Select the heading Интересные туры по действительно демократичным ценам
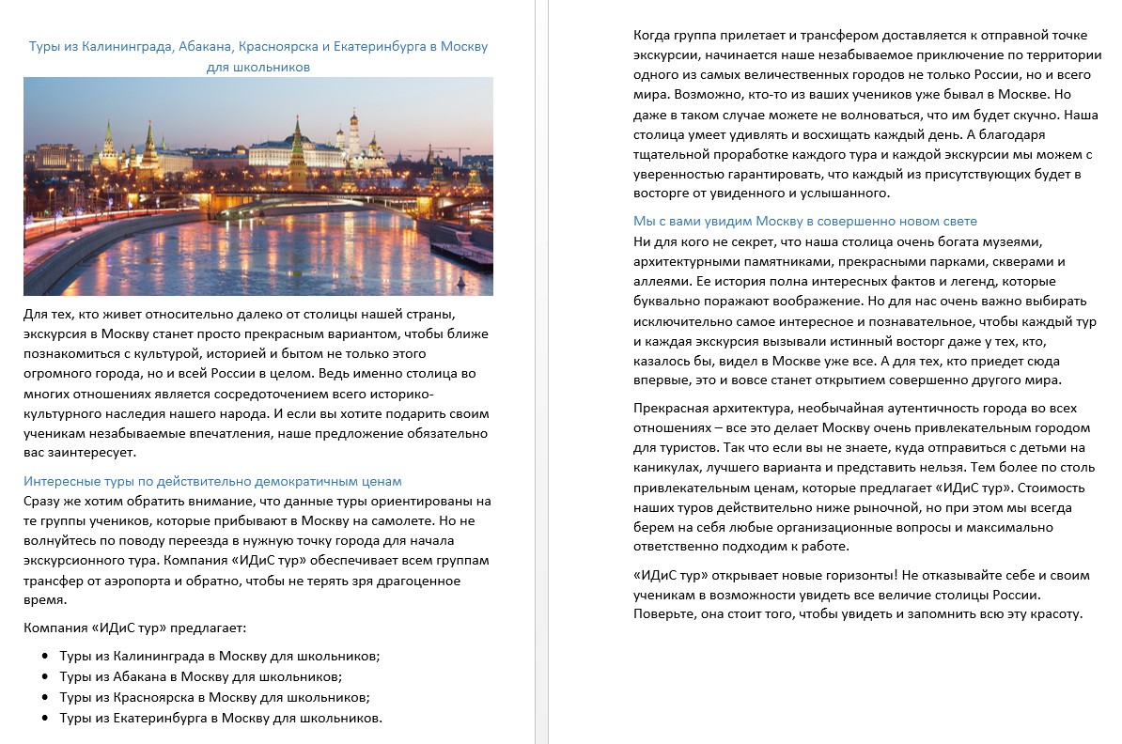pyautogui.click(x=212, y=481)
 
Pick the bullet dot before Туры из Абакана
pyautogui.click(x=44, y=676)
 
